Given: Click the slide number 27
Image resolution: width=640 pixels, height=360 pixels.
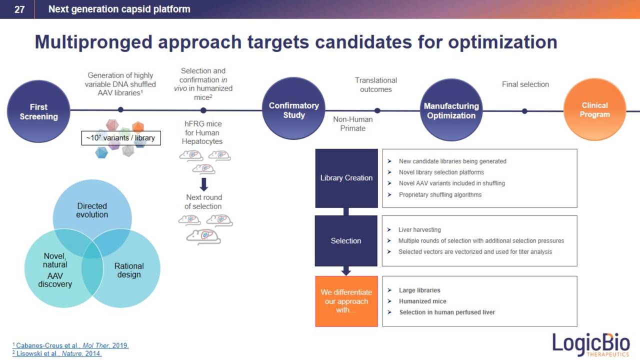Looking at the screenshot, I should click(19, 9).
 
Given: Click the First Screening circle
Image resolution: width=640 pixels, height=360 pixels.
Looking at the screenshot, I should click(38, 111).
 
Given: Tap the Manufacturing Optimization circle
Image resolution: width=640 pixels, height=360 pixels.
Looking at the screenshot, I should click(451, 110).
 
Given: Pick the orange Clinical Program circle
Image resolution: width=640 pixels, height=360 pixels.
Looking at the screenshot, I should click(594, 109).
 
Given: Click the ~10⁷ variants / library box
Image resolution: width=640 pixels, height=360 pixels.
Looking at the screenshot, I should click(121, 138).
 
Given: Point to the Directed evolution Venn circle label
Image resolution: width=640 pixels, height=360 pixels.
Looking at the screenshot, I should click(92, 210).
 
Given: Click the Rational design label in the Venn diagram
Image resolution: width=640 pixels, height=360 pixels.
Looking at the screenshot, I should click(129, 270).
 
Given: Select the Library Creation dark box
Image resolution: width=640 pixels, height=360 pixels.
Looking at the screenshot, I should click(346, 178).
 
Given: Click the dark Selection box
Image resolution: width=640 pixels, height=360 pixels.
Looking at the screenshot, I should click(345, 240).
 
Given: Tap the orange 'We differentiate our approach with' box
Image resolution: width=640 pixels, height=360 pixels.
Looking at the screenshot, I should click(346, 301).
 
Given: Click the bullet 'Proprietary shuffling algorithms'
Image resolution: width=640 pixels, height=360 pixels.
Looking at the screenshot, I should click(440, 194).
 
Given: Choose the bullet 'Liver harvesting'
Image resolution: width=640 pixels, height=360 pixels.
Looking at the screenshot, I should click(419, 229).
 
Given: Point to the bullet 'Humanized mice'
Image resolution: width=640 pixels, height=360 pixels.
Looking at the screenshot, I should click(422, 301).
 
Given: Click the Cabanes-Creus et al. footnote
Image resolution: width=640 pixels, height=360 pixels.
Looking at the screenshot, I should click(70, 345).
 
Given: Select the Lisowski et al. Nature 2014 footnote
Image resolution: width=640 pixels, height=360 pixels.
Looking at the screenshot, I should click(57, 353).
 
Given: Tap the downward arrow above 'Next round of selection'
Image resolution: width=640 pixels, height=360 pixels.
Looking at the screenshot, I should click(203, 184).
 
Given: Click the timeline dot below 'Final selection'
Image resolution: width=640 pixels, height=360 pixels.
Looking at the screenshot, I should click(524, 111).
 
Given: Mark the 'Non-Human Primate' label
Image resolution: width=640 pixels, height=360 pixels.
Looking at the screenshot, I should click(352, 123).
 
